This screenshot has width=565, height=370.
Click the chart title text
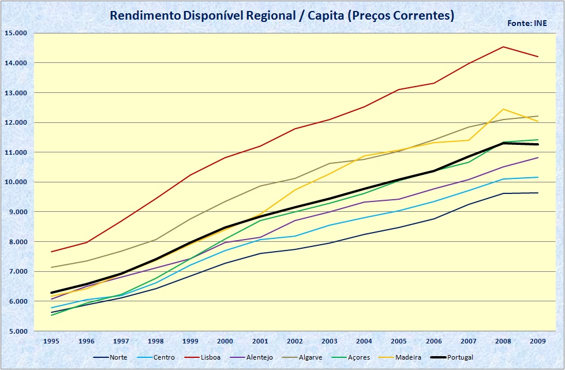coord(282,16)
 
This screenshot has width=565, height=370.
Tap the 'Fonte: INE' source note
coord(527,24)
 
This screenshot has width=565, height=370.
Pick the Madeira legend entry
coord(403,357)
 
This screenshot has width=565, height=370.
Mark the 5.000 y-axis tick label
coord(17,331)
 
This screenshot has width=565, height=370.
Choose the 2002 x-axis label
coord(295,341)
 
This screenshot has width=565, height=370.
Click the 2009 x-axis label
coord(538,341)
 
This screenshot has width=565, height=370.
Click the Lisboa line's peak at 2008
coord(503,47)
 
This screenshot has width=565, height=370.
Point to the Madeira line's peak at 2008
coord(503,109)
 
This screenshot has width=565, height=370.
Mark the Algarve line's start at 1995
coord(52,267)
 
